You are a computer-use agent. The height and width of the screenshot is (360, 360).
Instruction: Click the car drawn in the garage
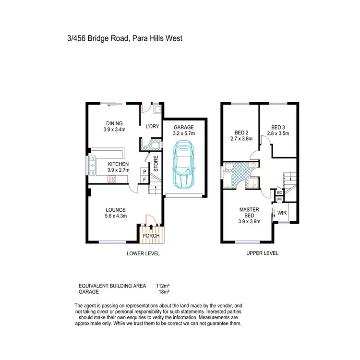[183, 165]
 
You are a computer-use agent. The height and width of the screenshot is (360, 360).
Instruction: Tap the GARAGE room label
[184, 128]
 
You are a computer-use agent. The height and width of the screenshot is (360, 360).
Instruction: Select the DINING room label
[113, 123]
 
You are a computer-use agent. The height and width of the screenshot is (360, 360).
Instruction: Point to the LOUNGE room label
[116, 210]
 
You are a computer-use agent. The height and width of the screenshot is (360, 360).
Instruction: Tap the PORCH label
[152, 236]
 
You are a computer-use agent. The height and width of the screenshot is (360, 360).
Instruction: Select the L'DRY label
[152, 127]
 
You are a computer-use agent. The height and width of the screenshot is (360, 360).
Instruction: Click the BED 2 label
[241, 133]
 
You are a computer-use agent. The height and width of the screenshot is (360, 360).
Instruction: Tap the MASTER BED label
[250, 213]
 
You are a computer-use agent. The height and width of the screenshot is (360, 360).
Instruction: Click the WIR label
[282, 212]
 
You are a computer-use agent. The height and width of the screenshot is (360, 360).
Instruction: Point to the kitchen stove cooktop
[111, 180]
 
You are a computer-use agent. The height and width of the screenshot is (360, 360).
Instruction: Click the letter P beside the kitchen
[144, 171]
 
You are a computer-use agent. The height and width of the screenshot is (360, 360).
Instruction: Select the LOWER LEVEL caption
[143, 253]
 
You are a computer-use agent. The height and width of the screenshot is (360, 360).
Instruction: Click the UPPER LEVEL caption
[262, 253]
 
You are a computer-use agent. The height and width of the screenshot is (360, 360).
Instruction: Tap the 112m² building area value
[163, 286]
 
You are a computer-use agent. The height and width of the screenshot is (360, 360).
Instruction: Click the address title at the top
[125, 38]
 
